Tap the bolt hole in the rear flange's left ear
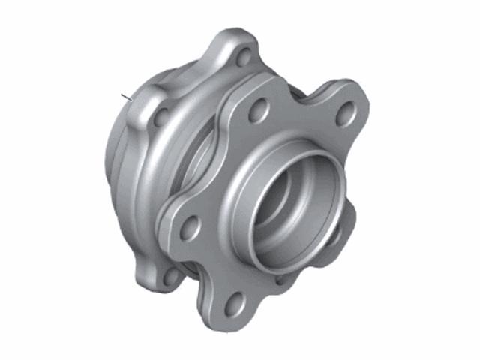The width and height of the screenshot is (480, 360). (x=160, y=116)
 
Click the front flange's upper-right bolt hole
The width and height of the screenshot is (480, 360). (x=346, y=112)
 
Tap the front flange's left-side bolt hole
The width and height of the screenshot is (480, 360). (x=190, y=226)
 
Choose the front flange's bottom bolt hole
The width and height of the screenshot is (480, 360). (x=235, y=303)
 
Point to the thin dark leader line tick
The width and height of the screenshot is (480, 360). (x=124, y=96)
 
